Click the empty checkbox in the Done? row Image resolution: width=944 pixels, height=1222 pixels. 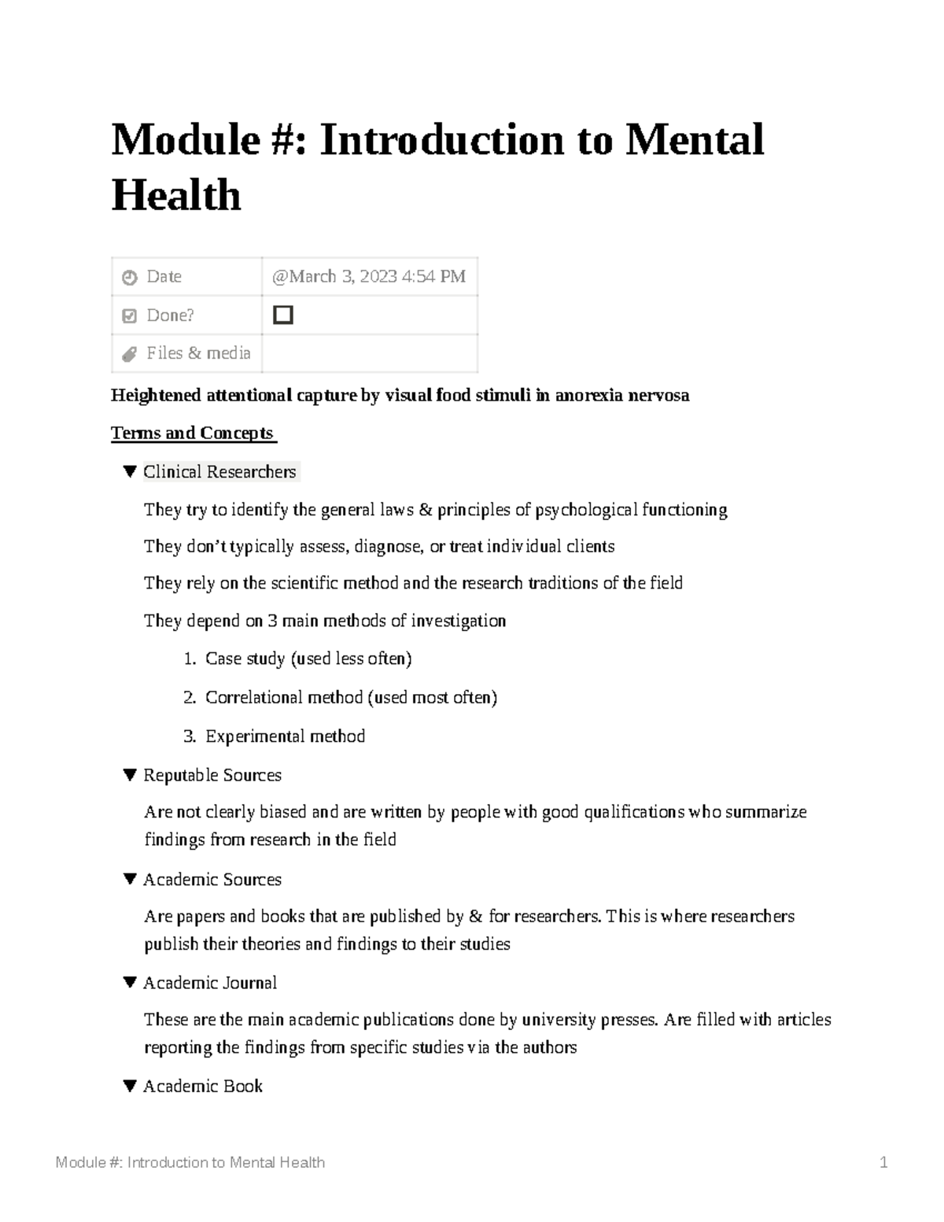click(x=283, y=316)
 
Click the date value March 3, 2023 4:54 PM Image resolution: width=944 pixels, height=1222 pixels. click(x=369, y=277)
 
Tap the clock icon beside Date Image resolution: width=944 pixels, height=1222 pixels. click(x=130, y=278)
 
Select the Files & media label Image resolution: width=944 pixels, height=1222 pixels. click(x=198, y=353)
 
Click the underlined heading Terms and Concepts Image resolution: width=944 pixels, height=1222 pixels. click(x=193, y=434)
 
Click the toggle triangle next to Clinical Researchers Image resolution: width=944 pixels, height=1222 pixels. click(x=131, y=472)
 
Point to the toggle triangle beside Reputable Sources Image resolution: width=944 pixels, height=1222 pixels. click(x=131, y=776)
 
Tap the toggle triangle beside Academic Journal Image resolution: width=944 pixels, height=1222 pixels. click(x=131, y=983)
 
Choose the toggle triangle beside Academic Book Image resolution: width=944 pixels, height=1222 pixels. click(x=131, y=1087)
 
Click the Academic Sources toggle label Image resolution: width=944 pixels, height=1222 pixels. click(x=212, y=880)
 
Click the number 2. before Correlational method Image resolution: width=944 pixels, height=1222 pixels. click(x=190, y=698)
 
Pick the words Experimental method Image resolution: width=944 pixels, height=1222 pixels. click(x=285, y=737)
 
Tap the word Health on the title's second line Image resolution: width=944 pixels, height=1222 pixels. click(x=176, y=195)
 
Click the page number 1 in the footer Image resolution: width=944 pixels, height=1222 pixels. click(x=884, y=1163)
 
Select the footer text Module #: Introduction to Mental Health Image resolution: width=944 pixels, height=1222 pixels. click(x=190, y=1163)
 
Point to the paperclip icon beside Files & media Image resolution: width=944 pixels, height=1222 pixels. click(x=130, y=355)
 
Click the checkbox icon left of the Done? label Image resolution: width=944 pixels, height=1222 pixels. click(x=130, y=316)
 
